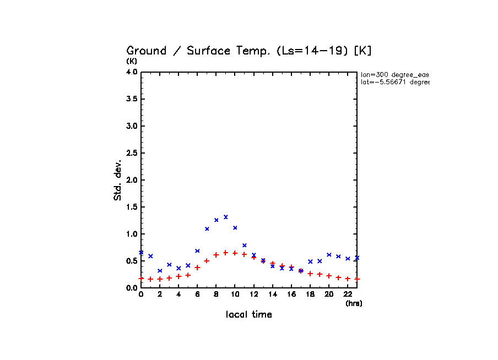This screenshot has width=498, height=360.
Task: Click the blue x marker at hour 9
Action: pyautogui.click(x=226, y=217)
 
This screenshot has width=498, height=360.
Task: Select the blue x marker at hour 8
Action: pyautogui.click(x=216, y=220)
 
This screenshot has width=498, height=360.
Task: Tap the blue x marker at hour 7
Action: pyautogui.click(x=207, y=228)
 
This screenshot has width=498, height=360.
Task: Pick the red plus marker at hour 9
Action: pyautogui.click(x=226, y=253)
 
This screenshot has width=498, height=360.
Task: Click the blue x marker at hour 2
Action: pyautogui.click(x=160, y=271)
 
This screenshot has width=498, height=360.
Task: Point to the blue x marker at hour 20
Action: pyautogui.click(x=329, y=255)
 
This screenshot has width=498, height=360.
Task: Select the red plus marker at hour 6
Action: pyautogui.click(x=197, y=268)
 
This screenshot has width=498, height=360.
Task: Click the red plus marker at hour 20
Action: pyautogui.click(x=329, y=276)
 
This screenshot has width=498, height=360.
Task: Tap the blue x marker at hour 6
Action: pyautogui.click(x=197, y=251)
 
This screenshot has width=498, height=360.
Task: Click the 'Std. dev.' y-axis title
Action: pyautogui.click(x=118, y=181)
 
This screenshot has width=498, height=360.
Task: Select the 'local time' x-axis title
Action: pyautogui.click(x=249, y=315)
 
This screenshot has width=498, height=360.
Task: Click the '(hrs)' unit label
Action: pyautogui.click(x=354, y=303)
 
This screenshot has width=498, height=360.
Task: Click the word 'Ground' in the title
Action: pyautogui.click(x=147, y=51)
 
